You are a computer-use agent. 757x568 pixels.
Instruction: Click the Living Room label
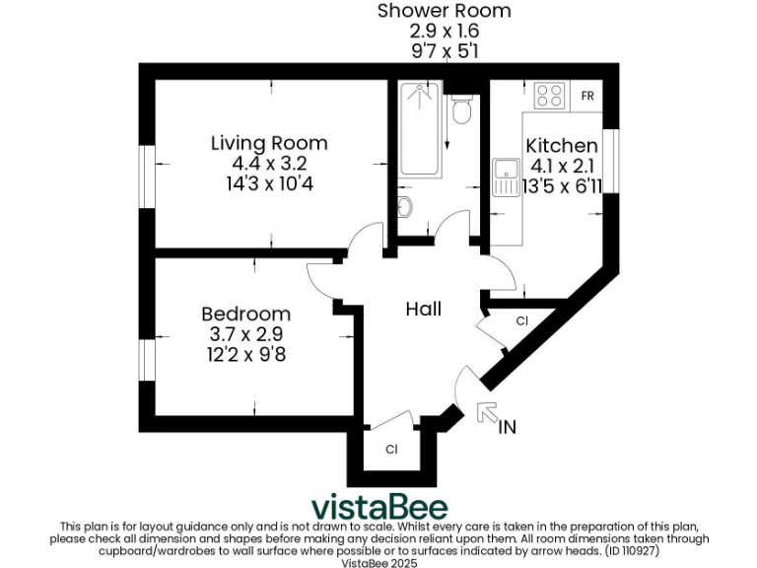coord(269,143)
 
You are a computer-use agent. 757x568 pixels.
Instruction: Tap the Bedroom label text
coord(245,314)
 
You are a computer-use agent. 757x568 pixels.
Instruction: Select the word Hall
coord(424,309)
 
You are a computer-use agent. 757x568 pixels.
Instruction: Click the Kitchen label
coord(562,146)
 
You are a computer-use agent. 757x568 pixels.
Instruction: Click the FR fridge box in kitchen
coord(587,96)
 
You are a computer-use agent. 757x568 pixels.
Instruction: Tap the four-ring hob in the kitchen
coord(549,96)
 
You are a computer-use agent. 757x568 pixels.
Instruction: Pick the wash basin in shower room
coord(405,207)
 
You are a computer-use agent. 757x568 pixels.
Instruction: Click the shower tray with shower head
coord(421,128)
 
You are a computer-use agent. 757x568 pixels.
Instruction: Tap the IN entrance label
coord(508,427)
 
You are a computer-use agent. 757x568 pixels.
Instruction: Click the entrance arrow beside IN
coord(486,412)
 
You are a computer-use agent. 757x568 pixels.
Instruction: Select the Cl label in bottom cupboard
coord(391,450)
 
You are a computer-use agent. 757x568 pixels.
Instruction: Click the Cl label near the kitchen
coord(521,321)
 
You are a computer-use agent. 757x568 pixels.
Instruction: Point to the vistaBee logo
coord(379,507)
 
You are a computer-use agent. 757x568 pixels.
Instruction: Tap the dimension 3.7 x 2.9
coord(245,333)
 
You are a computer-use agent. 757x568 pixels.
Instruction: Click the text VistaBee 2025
coord(379,563)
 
